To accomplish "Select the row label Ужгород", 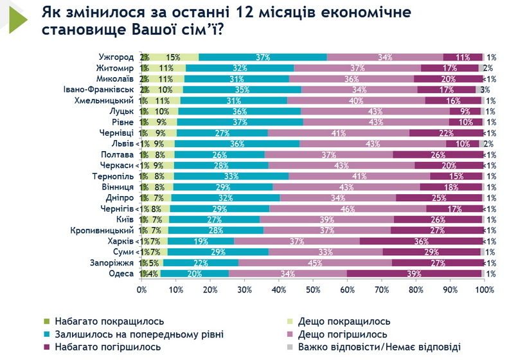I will pos(117,57).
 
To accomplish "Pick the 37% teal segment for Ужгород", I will pos(262,57).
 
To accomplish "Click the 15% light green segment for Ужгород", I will pos(173,57).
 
